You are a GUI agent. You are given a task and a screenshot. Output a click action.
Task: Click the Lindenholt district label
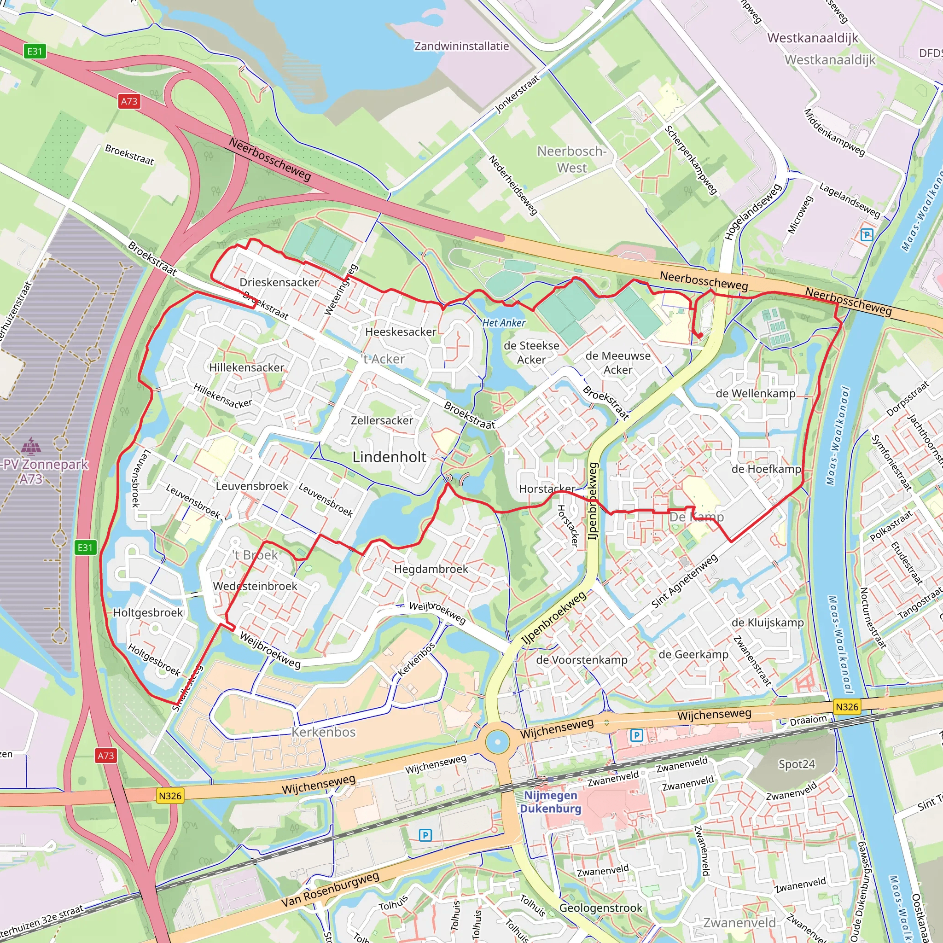[x=389, y=457]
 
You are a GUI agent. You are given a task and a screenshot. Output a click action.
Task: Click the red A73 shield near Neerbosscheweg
[x=129, y=101]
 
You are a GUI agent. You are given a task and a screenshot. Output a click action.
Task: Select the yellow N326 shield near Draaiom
[x=847, y=707]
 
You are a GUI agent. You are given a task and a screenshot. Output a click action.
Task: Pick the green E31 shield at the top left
[x=35, y=51]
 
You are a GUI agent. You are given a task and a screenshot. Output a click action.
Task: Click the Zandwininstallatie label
[x=461, y=46]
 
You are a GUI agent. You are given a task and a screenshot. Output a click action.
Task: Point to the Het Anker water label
[x=504, y=323]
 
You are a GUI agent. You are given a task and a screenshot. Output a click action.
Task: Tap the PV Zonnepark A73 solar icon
[x=31, y=446]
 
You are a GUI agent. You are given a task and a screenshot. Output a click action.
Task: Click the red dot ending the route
[x=699, y=335]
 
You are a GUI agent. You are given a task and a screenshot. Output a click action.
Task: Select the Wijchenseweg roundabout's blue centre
[x=497, y=742]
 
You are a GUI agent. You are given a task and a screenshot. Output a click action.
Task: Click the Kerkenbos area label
[x=324, y=732]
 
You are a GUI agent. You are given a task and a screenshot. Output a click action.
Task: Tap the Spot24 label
[x=797, y=764]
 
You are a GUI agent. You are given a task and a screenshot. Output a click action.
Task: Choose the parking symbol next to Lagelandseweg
[x=867, y=235]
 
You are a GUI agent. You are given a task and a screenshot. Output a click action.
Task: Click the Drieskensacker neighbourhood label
[x=279, y=282]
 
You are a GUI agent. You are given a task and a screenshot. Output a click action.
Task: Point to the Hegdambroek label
[x=431, y=569]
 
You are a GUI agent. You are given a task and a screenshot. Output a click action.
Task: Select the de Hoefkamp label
[x=766, y=469]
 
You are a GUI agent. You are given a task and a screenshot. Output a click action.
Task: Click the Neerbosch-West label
[x=571, y=159]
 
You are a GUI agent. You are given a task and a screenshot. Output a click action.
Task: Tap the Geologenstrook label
[x=600, y=908]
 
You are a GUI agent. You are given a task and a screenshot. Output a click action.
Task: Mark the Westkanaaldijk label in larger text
[x=812, y=38]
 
